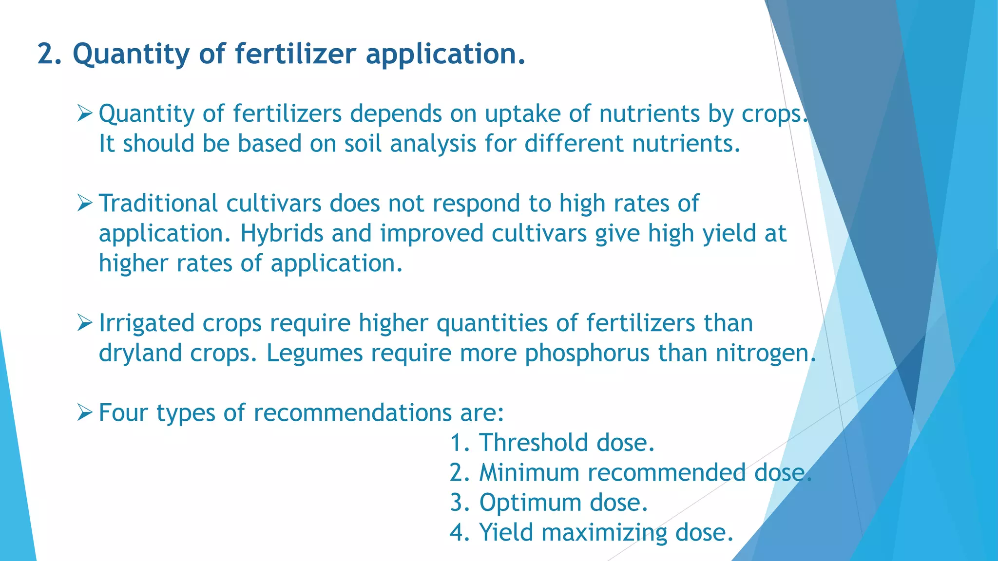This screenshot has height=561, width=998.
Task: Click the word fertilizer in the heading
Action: (295, 54)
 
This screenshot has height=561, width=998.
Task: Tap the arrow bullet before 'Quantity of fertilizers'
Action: (84, 114)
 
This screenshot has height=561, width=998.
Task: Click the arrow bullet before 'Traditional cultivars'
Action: (84, 204)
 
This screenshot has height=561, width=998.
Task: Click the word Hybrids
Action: (282, 234)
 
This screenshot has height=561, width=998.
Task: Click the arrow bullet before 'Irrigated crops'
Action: (84, 323)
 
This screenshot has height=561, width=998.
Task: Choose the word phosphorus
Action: (587, 354)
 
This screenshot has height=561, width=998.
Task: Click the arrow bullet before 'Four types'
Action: (84, 413)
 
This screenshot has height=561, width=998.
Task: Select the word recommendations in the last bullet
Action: (353, 413)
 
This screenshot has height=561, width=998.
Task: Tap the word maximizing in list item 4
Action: (604, 533)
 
